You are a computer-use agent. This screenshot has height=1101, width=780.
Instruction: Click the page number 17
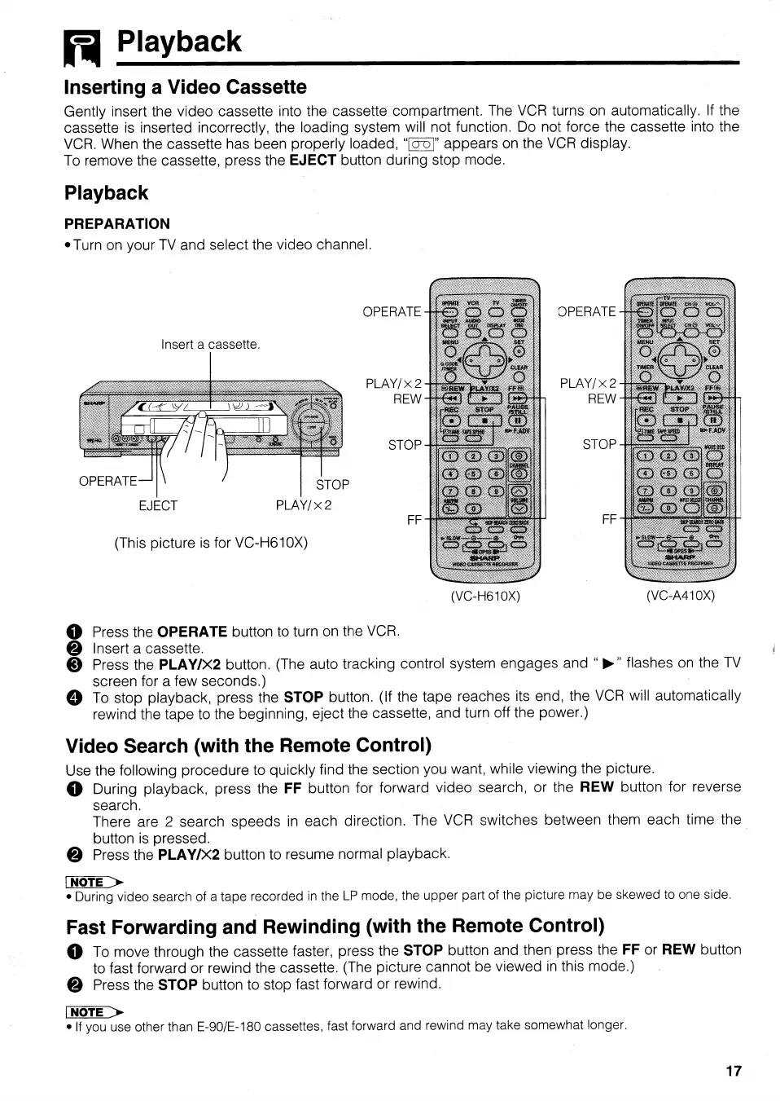(733, 1071)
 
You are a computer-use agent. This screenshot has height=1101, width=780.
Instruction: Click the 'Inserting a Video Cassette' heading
(186, 87)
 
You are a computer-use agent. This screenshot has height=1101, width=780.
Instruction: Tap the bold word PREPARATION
(117, 224)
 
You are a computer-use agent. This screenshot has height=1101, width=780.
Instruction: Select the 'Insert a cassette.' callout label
(210, 345)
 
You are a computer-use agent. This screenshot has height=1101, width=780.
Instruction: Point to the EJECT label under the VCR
(158, 505)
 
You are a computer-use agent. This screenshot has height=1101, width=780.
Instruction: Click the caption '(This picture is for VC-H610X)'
(211, 543)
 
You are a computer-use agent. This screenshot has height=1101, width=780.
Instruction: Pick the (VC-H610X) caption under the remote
(485, 596)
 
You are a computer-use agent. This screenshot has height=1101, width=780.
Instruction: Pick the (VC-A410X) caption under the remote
(680, 596)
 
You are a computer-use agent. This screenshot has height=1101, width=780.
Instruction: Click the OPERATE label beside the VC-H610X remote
(392, 312)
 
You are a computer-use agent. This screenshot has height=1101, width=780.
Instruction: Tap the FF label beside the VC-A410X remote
(609, 519)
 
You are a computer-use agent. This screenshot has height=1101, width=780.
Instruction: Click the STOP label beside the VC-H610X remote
(405, 445)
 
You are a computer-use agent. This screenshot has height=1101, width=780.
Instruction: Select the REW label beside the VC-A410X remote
(602, 399)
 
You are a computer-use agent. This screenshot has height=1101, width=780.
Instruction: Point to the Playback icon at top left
(81, 47)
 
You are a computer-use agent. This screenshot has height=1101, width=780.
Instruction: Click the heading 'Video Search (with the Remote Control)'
(248, 746)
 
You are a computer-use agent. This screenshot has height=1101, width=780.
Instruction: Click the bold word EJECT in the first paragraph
(313, 161)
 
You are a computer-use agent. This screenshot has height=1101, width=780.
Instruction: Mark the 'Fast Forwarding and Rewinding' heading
(335, 927)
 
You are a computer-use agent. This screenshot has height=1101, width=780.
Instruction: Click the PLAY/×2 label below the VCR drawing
(304, 505)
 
